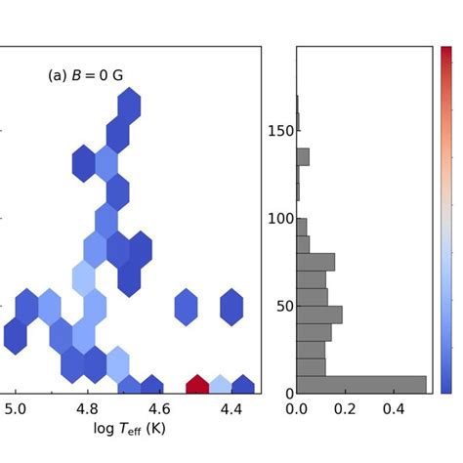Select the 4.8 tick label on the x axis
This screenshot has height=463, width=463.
point(87,409)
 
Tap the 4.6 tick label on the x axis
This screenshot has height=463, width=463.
point(159,409)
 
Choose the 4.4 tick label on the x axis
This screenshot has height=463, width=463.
point(231,409)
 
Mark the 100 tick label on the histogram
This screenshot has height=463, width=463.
point(281,219)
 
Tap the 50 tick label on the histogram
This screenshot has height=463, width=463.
point(284,306)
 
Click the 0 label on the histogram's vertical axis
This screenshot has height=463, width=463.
point(289,393)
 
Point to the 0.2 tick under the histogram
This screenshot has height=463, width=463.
point(345,409)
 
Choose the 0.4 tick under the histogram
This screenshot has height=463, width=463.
point(393,409)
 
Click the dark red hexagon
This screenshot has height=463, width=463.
point(197,385)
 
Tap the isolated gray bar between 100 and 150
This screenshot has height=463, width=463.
point(303,157)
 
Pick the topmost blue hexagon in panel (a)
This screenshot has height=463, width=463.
point(129,105)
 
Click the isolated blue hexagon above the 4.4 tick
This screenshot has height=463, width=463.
point(231,307)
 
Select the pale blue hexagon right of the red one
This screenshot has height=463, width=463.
point(220,385)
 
